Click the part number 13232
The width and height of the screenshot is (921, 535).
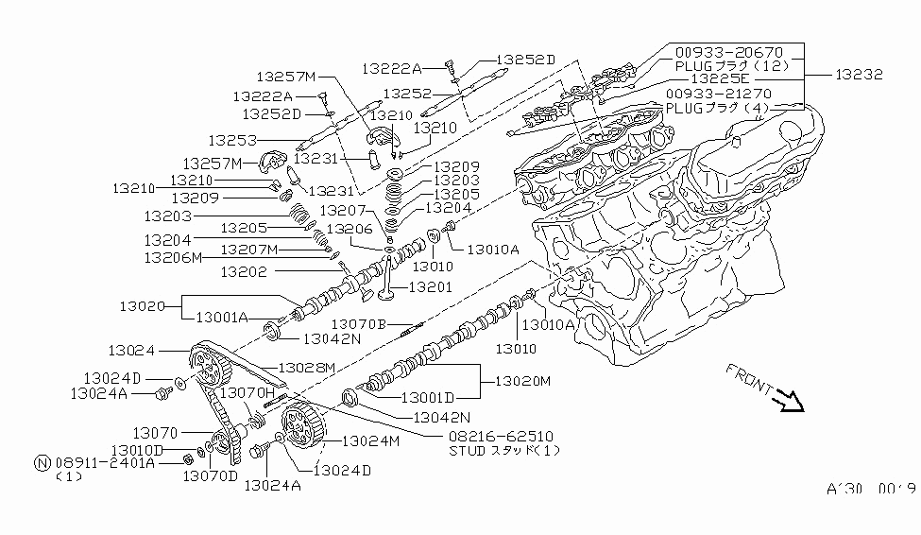pyautogui.click(x=859, y=74)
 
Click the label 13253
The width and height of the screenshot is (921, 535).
pyautogui.click(x=233, y=140)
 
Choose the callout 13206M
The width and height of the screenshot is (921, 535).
pyautogui.click(x=173, y=257)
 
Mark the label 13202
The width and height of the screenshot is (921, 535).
pyautogui.click(x=248, y=272)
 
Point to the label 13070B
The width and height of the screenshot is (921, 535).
pyautogui.click(x=360, y=324)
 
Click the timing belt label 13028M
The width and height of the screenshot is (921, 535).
pyautogui.click(x=307, y=368)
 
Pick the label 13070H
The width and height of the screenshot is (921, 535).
pyautogui.click(x=247, y=391)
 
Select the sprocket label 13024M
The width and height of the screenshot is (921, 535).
pyautogui.click(x=370, y=440)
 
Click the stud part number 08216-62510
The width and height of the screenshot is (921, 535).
pyautogui.click(x=501, y=438)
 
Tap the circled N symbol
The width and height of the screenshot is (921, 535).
pyautogui.click(x=42, y=463)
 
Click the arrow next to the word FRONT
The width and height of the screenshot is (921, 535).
pyautogui.click(x=787, y=405)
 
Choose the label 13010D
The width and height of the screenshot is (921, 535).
pyautogui.click(x=138, y=450)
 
